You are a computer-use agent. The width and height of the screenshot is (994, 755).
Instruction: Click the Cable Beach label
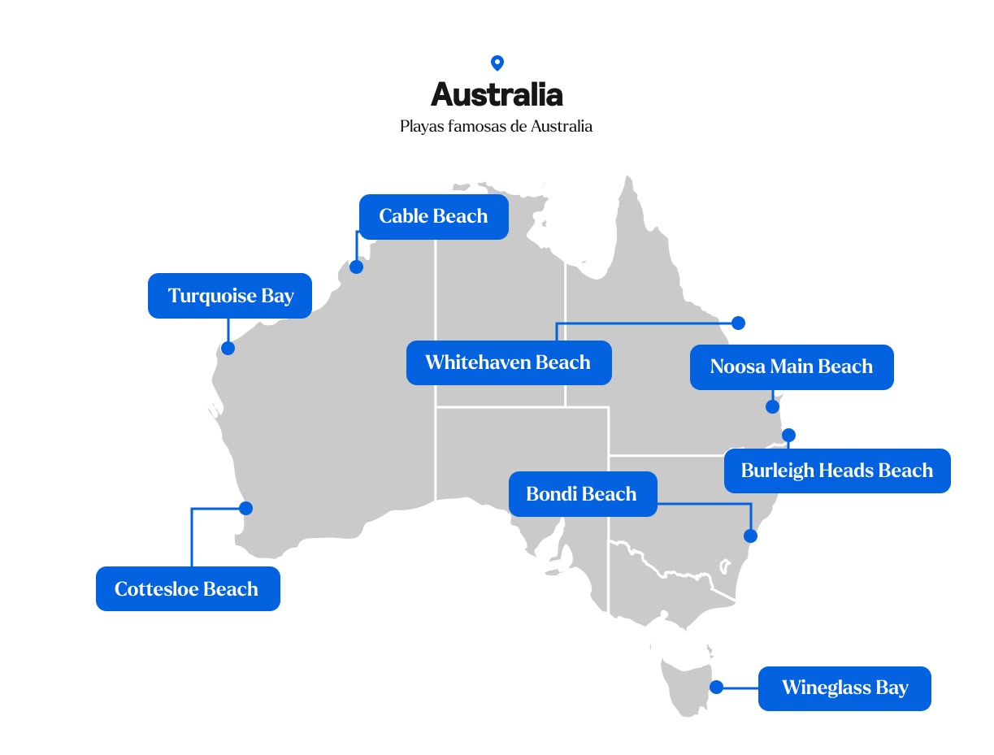(433, 217)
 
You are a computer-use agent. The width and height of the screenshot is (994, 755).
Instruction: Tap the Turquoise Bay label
(230, 296)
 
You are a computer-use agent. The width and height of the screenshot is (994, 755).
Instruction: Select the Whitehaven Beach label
(508, 362)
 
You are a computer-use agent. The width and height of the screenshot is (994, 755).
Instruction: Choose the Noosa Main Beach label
(791, 367)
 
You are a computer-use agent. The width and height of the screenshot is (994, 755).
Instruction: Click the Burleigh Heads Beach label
(836, 471)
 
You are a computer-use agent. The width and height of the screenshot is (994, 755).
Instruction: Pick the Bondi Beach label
(582, 494)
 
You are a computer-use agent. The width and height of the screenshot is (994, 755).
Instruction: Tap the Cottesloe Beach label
(187, 589)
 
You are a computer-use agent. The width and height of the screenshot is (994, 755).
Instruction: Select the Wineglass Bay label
(844, 688)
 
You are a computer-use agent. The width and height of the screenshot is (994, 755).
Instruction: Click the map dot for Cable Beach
(356, 267)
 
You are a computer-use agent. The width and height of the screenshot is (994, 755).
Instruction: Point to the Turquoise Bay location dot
(228, 348)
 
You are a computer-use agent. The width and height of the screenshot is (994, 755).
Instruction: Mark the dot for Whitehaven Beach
(738, 323)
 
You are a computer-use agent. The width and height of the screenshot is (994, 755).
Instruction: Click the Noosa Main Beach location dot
(773, 406)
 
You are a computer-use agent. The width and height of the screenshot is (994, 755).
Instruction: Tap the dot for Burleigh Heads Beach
(788, 435)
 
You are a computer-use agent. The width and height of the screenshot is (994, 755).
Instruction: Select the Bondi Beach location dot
(751, 536)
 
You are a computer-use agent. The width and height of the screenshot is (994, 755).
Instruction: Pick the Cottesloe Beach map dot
(246, 508)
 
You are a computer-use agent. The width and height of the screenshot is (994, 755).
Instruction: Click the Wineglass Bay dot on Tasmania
(716, 687)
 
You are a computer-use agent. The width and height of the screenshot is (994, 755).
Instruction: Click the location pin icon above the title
(497, 63)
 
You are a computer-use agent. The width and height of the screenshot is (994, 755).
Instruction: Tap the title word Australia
(497, 95)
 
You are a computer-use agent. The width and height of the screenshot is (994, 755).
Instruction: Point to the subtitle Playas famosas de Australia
(496, 127)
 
